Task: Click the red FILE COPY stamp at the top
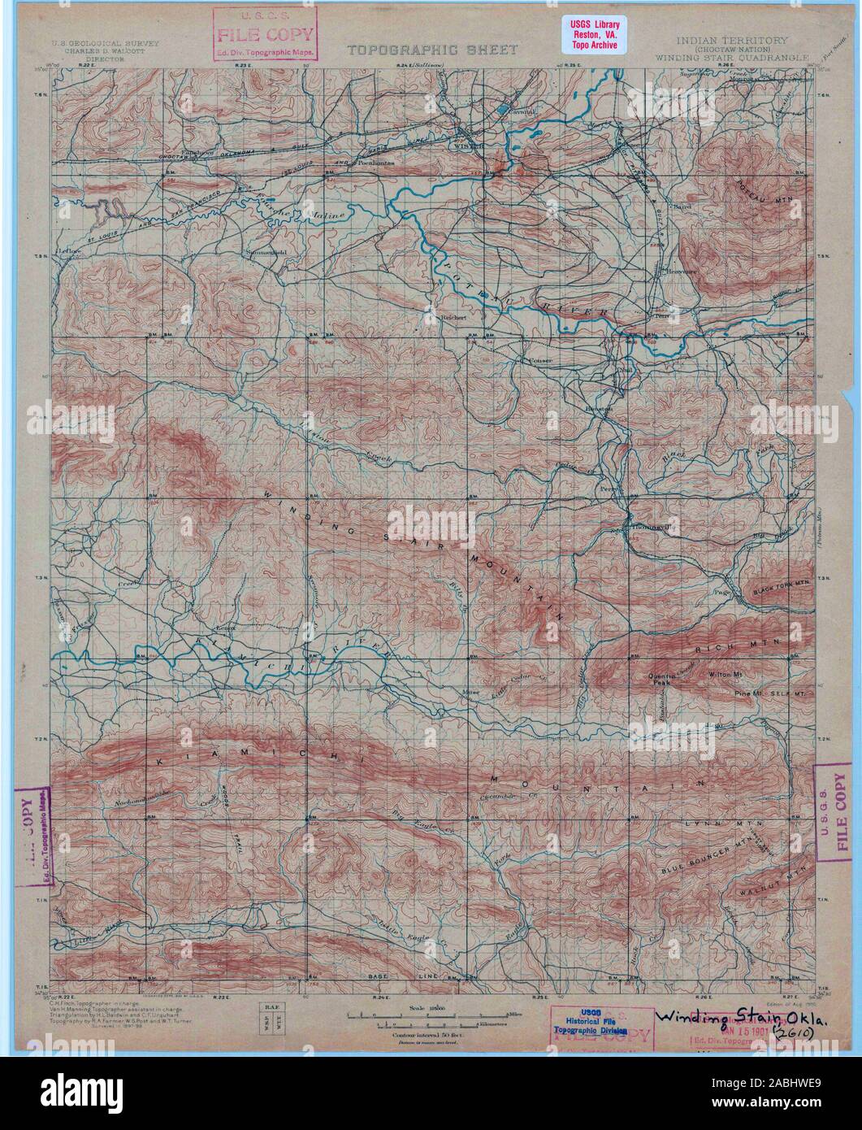click(x=266, y=33)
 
